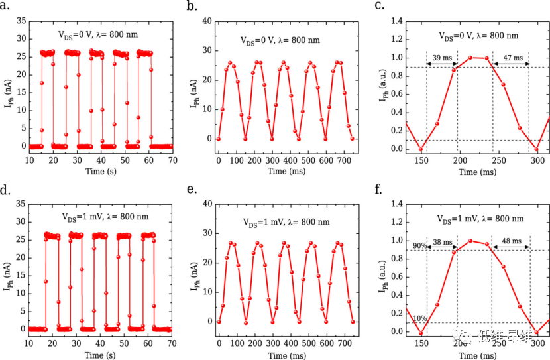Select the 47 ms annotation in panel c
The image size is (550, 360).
pyautogui.click(x=510, y=58)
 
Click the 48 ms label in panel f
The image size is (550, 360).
pyautogui.click(x=510, y=243)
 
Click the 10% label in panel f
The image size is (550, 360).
pyautogui.click(x=419, y=318)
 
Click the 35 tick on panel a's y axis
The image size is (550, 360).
pyautogui.click(x=21, y=22)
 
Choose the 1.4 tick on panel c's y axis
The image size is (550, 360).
pyautogui.click(x=396, y=22)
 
